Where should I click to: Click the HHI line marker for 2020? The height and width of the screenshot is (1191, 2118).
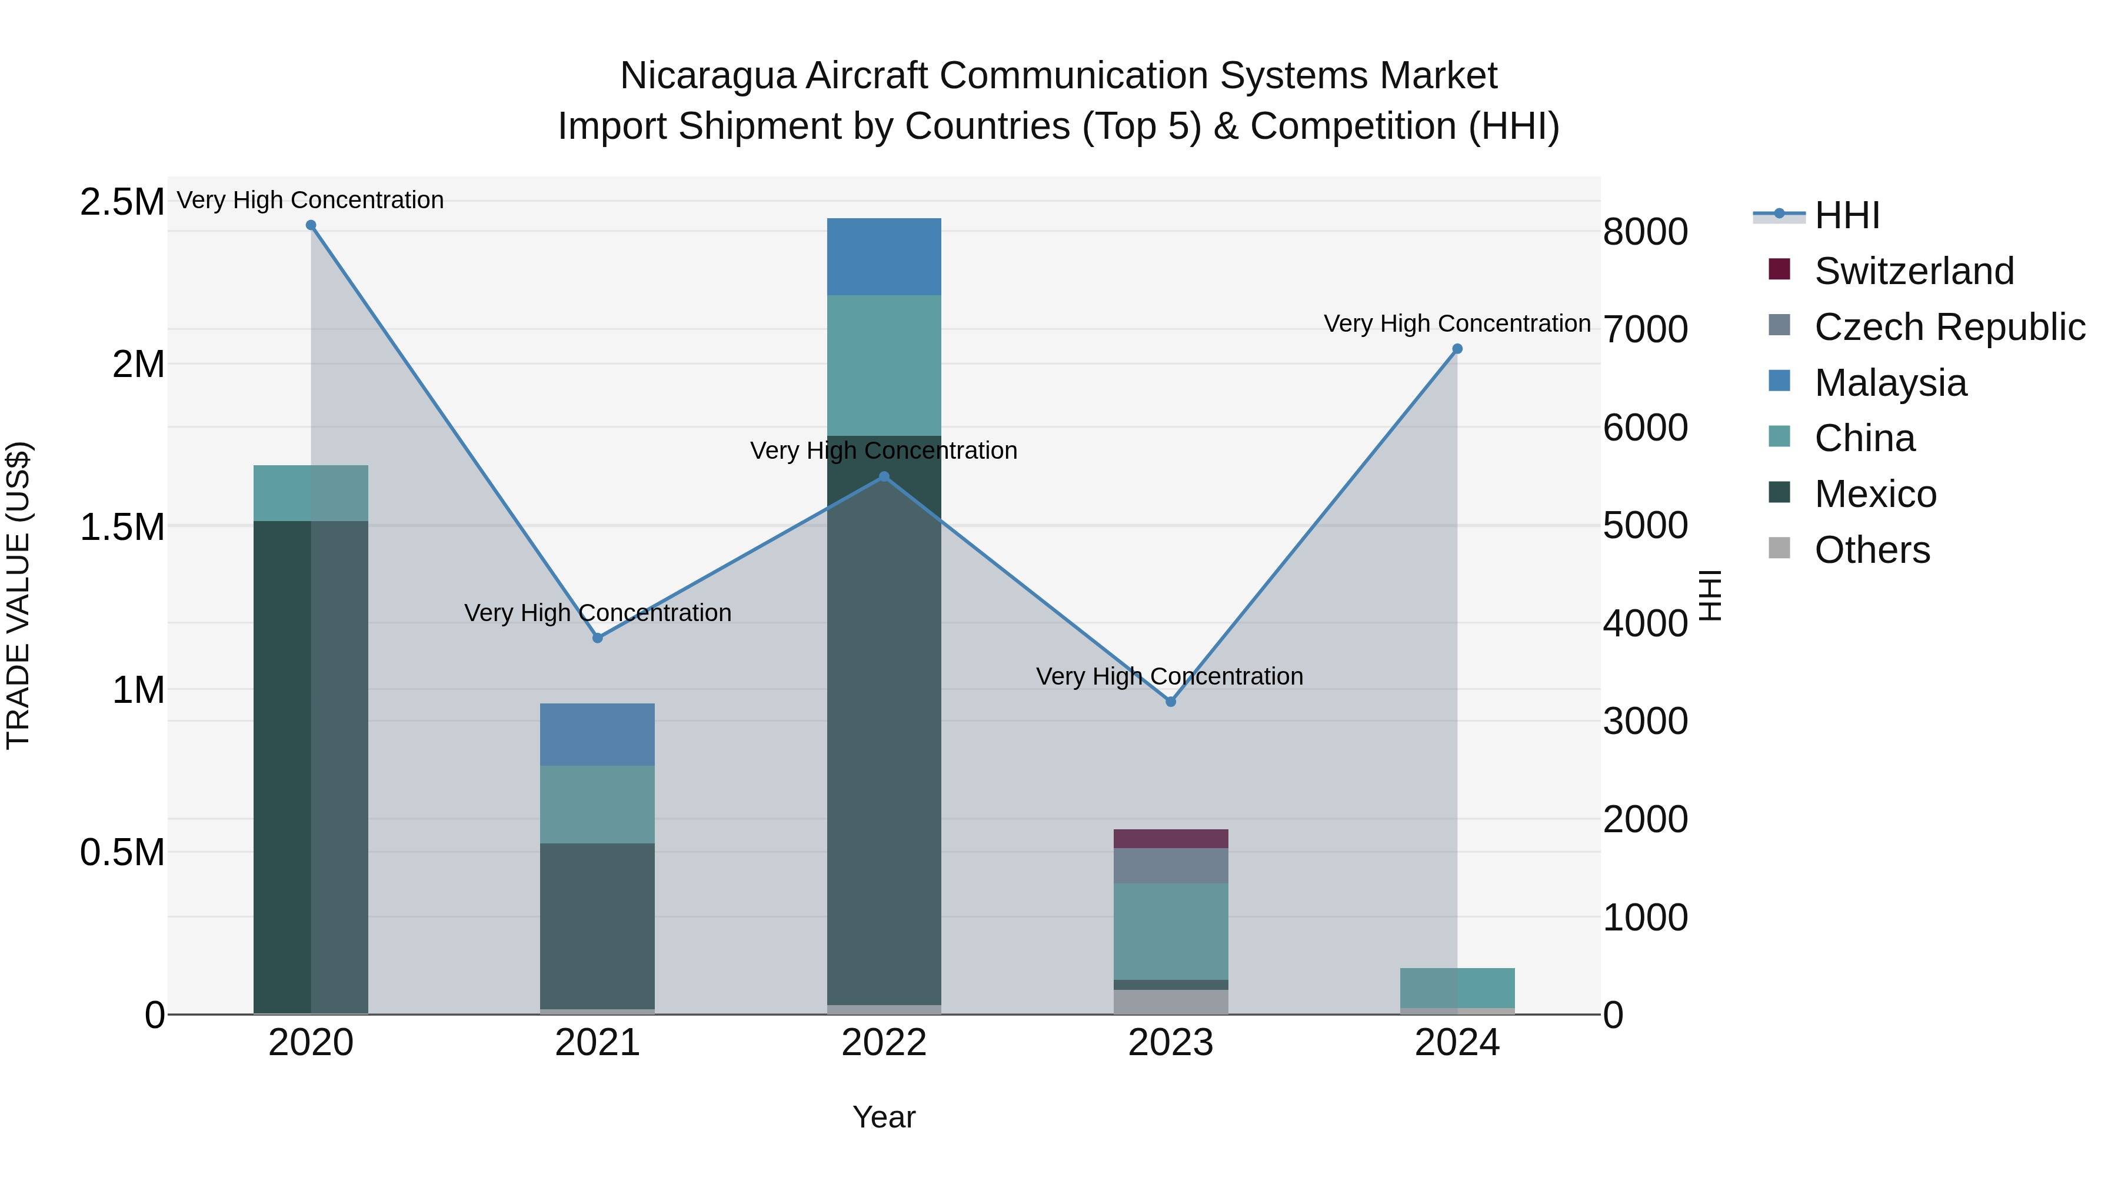(311, 225)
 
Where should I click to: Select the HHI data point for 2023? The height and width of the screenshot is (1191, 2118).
(1171, 701)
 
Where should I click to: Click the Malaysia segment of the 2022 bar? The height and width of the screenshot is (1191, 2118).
(884, 256)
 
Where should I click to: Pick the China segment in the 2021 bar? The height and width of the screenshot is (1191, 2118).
(597, 804)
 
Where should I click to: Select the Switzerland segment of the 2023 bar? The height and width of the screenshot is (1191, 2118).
(1171, 838)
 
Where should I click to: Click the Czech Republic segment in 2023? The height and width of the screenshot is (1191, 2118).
(1171, 866)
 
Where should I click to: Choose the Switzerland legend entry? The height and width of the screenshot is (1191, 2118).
(1913, 271)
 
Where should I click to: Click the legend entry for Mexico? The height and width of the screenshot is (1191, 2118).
(1874, 494)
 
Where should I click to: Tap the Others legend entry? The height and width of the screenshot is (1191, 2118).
(1871, 550)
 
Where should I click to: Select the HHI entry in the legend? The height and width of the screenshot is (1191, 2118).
(1846, 215)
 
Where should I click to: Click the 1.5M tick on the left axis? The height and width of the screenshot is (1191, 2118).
(122, 527)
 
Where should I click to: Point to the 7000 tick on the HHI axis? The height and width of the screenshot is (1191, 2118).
(1645, 329)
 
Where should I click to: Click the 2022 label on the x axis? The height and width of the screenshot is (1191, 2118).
(884, 1043)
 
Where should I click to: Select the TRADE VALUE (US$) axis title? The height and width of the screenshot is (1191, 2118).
(18, 595)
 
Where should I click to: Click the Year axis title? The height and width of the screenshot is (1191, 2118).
(884, 1117)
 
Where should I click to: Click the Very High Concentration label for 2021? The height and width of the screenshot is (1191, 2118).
(597, 613)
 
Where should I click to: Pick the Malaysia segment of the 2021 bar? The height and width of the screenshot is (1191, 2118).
(597, 734)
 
